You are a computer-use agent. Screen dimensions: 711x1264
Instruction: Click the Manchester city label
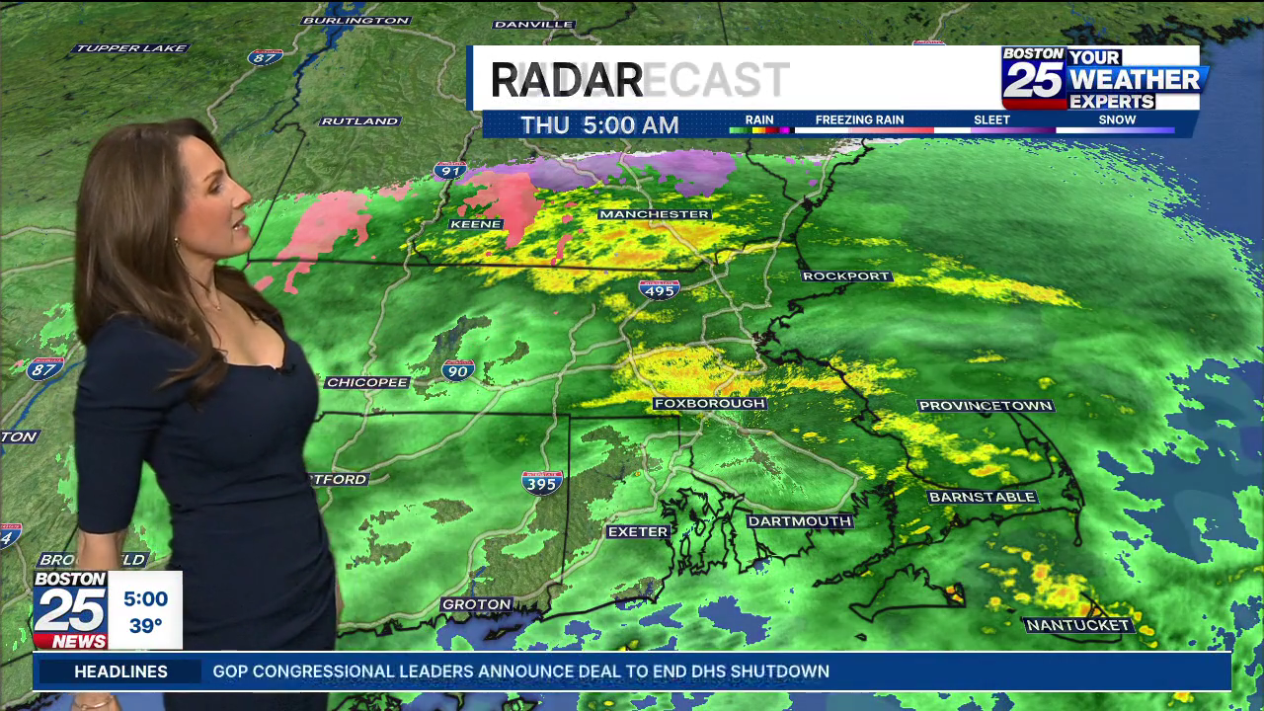coord(654,214)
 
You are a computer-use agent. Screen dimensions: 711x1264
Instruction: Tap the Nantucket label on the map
coord(1077,625)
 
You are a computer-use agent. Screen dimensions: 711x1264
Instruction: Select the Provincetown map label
coord(985,406)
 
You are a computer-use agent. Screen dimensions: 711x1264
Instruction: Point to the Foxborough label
coord(709,404)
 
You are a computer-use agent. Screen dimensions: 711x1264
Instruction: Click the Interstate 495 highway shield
coord(659,288)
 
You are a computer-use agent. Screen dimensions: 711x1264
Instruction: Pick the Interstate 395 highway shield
coord(542,482)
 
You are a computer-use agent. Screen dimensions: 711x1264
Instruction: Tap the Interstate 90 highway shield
coord(458,369)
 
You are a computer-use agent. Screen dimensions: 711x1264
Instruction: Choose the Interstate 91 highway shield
coord(450,171)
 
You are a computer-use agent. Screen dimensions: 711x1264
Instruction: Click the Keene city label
coord(476,224)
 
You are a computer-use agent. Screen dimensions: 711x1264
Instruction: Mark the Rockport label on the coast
coord(846,276)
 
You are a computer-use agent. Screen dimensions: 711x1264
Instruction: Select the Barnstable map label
coord(982,497)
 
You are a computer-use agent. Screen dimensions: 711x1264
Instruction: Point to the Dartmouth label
coord(799,521)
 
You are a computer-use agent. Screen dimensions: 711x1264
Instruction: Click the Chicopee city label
coord(366,382)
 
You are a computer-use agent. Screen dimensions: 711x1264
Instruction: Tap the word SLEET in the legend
coord(991,119)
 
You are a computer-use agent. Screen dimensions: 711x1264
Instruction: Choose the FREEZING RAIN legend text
coord(859,119)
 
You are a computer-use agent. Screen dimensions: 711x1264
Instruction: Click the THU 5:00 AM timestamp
coord(599,125)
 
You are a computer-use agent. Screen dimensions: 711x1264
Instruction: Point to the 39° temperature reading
coord(145,626)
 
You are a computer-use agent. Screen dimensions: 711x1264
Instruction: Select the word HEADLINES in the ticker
coord(120,671)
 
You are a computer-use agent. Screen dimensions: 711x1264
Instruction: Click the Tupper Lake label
coord(131,48)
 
